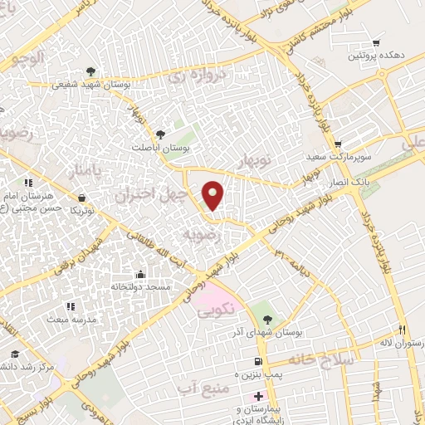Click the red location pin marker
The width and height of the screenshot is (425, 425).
[x=213, y=195]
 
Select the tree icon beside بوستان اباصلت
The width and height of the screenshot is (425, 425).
[x=160, y=134]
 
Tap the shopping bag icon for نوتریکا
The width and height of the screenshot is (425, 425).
[x=81, y=198]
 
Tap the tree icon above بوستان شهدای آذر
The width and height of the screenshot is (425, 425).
[x=266, y=318]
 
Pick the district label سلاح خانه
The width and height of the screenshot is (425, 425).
[x=322, y=359]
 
